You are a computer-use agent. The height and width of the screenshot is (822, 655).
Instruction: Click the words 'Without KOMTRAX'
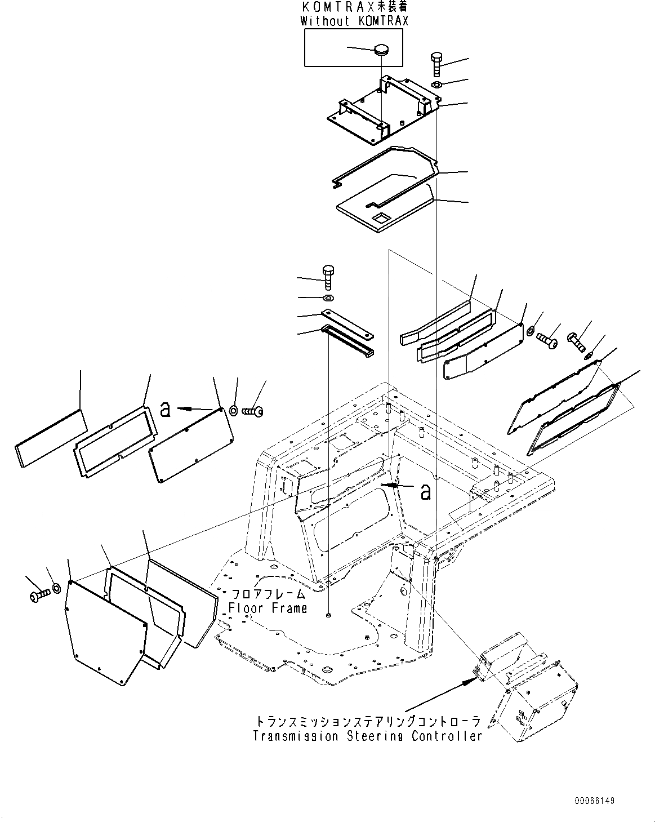(354, 21)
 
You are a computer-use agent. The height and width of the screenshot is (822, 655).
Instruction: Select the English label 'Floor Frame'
(268, 608)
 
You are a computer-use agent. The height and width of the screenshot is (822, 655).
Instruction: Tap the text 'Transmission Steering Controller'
(367, 736)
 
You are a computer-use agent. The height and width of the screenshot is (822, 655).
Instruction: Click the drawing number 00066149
(595, 801)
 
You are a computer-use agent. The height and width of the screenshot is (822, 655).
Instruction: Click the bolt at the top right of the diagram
(438, 65)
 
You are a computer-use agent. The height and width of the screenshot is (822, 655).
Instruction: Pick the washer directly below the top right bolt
(438, 85)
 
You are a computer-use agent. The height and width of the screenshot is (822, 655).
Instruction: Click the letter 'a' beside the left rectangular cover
(165, 410)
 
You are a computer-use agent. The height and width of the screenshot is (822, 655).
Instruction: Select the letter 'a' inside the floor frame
(426, 491)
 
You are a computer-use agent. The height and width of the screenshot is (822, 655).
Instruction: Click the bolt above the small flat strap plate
(328, 277)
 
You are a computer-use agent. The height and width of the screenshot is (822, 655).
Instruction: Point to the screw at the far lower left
(39, 595)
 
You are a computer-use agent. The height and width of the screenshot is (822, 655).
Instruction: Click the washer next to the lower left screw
(57, 589)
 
